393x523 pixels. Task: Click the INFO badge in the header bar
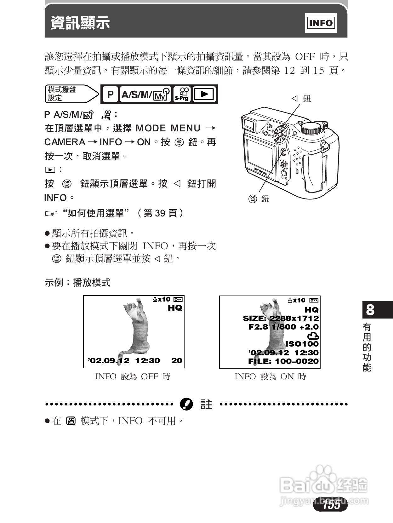pos(321,23)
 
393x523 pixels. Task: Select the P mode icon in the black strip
pos(110,94)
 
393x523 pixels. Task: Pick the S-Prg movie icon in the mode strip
pos(182,94)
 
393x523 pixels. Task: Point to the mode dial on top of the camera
pos(312,128)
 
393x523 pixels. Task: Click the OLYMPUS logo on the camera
pos(260,171)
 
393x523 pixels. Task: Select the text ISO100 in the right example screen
pos(302,344)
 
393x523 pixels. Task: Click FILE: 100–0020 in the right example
pos(283,361)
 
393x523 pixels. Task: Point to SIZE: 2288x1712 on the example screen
pos(281,319)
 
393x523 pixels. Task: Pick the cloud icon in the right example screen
pos(313,336)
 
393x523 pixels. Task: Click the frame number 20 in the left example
pos(177,361)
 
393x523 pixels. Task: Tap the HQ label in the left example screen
pos(175,308)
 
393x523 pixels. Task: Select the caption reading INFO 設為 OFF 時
pos(133,376)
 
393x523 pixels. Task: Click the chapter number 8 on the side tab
pos(370,310)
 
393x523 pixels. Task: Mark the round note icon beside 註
pos(186,404)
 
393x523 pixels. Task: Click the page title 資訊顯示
pos(80,23)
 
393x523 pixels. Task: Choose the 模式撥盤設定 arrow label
pos(71,94)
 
